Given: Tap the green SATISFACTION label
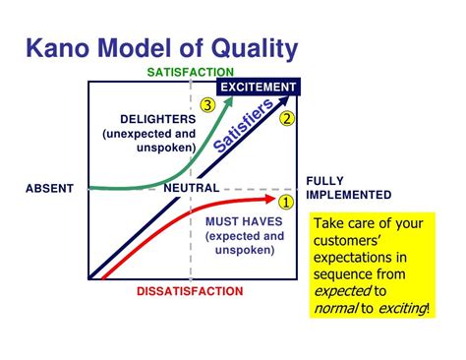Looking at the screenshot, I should (x=191, y=72).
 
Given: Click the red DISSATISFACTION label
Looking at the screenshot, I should (x=190, y=292).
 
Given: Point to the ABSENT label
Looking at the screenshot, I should (x=50, y=188).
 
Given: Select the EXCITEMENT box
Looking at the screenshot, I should (x=259, y=88).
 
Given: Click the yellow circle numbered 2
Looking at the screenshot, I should (x=287, y=119).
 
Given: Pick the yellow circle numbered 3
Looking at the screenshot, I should (x=206, y=104).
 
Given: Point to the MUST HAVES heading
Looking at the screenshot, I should (x=244, y=221).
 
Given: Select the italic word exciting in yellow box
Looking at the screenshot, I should (x=398, y=309).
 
